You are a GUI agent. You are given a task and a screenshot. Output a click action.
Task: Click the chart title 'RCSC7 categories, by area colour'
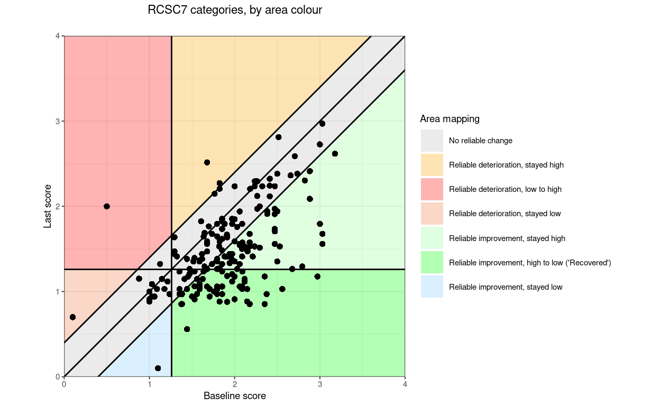[235, 10]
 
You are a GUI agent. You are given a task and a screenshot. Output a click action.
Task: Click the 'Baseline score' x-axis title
[234, 396]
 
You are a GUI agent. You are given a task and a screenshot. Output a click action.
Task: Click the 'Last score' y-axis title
[48, 206]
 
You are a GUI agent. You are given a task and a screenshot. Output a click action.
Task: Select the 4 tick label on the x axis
[405, 384]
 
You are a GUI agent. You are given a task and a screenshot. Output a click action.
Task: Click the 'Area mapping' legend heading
[450, 119]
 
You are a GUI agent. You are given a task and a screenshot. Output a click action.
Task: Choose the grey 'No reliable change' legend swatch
[432, 141]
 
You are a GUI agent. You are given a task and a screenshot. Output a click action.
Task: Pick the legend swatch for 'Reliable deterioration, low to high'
[432, 189]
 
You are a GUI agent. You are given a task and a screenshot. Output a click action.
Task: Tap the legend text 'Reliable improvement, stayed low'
[506, 287]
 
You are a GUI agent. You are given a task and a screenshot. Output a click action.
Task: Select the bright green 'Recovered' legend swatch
[432, 263]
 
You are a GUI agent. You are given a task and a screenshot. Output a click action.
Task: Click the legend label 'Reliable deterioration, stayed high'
[506, 165]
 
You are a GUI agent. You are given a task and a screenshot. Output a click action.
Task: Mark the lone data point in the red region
[107, 206]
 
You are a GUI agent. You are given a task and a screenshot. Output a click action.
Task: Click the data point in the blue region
[158, 368]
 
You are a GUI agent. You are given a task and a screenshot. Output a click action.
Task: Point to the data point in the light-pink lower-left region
[72, 317]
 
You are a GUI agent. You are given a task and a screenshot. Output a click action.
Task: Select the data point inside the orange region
[207, 162]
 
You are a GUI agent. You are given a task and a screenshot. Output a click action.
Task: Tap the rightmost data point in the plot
[335, 153]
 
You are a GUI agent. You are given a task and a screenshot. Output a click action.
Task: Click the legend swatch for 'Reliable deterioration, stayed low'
[432, 214]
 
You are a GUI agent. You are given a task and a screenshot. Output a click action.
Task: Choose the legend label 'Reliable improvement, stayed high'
[507, 238]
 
